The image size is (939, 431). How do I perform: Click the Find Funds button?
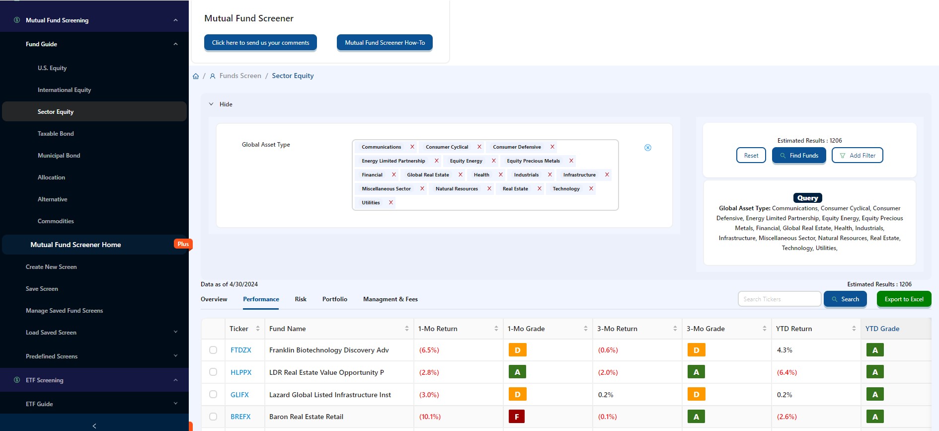[799, 156]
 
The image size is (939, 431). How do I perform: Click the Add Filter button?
[858, 156]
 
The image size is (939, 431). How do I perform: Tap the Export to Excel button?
[904, 299]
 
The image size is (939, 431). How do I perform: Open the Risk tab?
[301, 299]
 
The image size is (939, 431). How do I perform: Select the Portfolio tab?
[335, 299]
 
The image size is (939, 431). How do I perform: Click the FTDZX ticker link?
[241, 350]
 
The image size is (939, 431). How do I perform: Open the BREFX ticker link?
[240, 417]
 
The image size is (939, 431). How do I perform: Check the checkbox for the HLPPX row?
[213, 372]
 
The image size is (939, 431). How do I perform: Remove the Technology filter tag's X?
[591, 188]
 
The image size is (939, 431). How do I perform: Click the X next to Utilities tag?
[391, 202]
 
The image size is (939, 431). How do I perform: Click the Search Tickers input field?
[779, 299]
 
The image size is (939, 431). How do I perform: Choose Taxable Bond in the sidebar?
[56, 134]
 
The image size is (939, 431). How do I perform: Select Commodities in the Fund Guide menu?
[56, 221]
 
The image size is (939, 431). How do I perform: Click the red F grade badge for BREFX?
[517, 417]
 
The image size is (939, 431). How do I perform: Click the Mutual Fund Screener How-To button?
[385, 43]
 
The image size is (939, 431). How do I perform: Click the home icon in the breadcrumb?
[196, 76]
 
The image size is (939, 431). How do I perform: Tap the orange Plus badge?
[183, 244]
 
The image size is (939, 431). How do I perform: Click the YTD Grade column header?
[882, 329]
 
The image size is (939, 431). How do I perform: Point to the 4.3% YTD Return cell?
[784, 350]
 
